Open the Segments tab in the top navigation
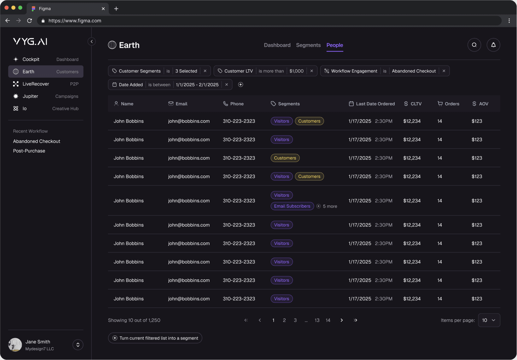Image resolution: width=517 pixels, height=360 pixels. coord(308,45)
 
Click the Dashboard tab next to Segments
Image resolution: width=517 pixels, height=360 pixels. coord(277,45)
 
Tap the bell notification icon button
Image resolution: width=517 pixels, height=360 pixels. coord(493,45)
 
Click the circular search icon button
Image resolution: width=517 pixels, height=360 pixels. coord(474,45)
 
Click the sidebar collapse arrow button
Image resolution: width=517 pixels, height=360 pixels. coord(92,41)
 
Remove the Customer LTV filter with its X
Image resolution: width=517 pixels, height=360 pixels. coord(312,71)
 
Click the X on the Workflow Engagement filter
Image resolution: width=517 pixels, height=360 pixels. coord(444,71)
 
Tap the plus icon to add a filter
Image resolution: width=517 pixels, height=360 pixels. coord(241,85)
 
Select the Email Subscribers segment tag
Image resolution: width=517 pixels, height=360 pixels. coord(292,206)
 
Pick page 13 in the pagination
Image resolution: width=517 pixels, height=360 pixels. coord(317,320)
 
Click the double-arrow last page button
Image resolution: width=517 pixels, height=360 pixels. coord(355,320)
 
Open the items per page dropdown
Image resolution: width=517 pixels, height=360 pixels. coord(489,320)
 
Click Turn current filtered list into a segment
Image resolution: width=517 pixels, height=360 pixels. coord(155,338)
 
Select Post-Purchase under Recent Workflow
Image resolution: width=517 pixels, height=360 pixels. coord(29,151)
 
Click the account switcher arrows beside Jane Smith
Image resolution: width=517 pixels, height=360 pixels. coord(78,345)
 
